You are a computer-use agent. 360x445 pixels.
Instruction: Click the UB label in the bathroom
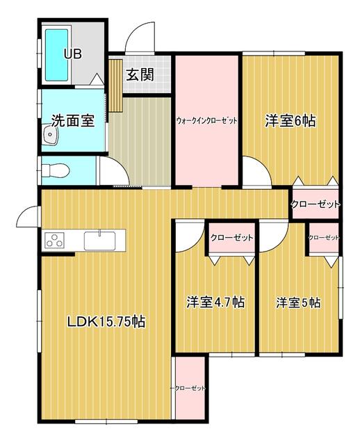click(73, 54)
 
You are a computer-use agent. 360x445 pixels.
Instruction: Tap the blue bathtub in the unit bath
click(57, 55)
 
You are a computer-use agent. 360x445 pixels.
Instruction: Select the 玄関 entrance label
click(140, 75)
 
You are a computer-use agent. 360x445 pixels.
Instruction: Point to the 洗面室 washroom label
click(73, 121)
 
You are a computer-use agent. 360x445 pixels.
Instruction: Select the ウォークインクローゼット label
click(206, 121)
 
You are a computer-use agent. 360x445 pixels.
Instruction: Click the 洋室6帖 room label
click(291, 121)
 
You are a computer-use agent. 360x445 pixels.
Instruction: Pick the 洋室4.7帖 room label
click(215, 302)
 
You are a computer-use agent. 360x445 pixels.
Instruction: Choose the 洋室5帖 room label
click(299, 302)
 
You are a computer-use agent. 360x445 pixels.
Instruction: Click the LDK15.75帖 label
click(106, 321)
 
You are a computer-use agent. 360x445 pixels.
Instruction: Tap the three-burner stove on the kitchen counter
click(54, 240)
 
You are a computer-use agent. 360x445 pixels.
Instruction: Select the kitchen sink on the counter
click(99, 241)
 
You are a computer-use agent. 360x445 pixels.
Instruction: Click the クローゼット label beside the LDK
click(188, 388)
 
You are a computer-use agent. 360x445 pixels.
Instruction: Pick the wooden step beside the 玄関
click(115, 85)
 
